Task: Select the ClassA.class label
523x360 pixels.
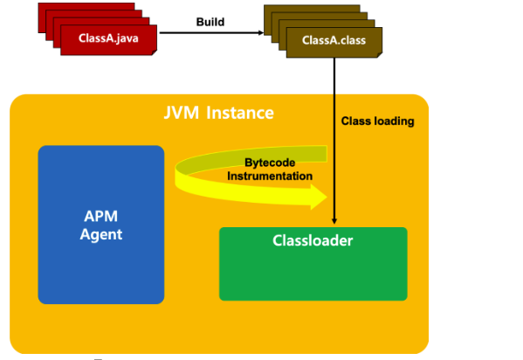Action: click(x=329, y=40)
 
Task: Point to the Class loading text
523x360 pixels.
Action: click(x=377, y=121)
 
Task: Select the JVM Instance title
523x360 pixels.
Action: click(x=219, y=114)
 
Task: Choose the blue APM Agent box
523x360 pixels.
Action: click(x=101, y=225)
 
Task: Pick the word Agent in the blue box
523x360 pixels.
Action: click(x=101, y=234)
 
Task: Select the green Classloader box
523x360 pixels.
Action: click(x=313, y=263)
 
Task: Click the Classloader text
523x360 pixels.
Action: click(x=313, y=240)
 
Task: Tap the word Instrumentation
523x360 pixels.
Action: click(x=270, y=176)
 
